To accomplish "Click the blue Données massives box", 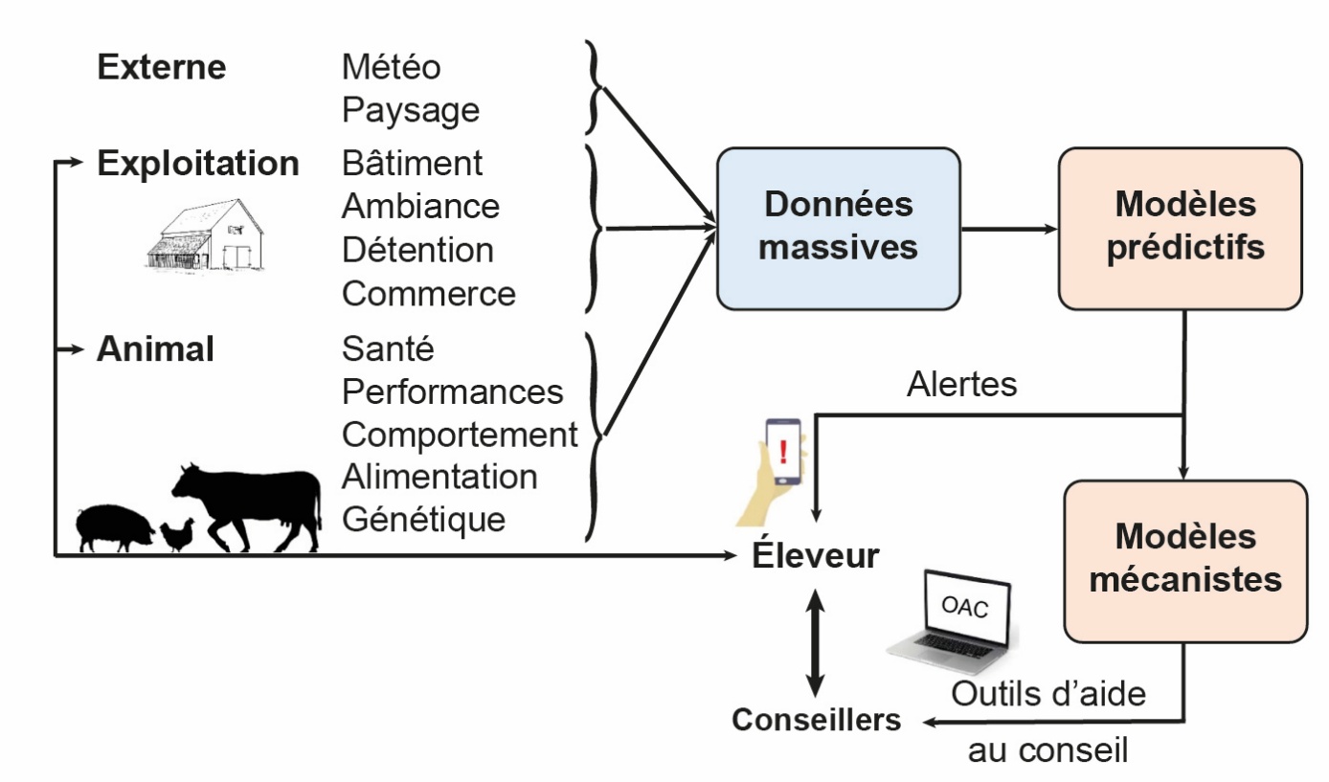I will [x=839, y=228].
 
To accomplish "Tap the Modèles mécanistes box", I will [x=1185, y=560].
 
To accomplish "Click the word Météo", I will [x=392, y=68].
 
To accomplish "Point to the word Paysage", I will [x=411, y=111].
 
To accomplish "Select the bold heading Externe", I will [x=162, y=68].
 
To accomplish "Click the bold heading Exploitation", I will [x=198, y=164].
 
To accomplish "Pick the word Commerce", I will [x=428, y=294].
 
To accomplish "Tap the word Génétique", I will [x=423, y=520].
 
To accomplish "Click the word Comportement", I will [x=460, y=435].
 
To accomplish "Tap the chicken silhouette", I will [x=177, y=535].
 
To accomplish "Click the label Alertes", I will [x=961, y=385].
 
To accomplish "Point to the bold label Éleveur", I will [x=815, y=555].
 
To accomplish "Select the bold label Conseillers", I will [x=817, y=720].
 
